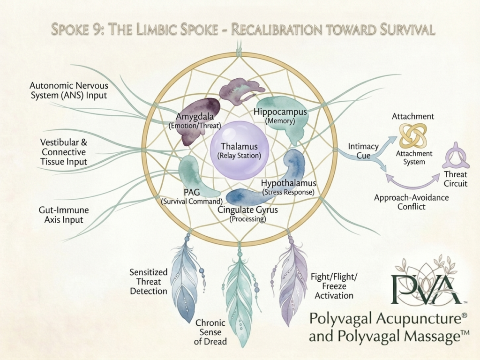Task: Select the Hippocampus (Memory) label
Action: coord(280,116)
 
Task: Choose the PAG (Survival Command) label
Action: coord(192,196)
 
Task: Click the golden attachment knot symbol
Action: coord(413,135)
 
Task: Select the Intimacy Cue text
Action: coord(363,151)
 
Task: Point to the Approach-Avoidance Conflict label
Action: coord(412,202)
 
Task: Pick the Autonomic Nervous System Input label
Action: coord(69,90)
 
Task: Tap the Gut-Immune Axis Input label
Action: coord(64,215)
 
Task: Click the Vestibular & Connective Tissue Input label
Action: coord(64,152)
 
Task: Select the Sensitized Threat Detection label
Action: coord(149,282)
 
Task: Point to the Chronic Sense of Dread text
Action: coord(210,332)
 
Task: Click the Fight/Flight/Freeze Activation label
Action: coord(334,286)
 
